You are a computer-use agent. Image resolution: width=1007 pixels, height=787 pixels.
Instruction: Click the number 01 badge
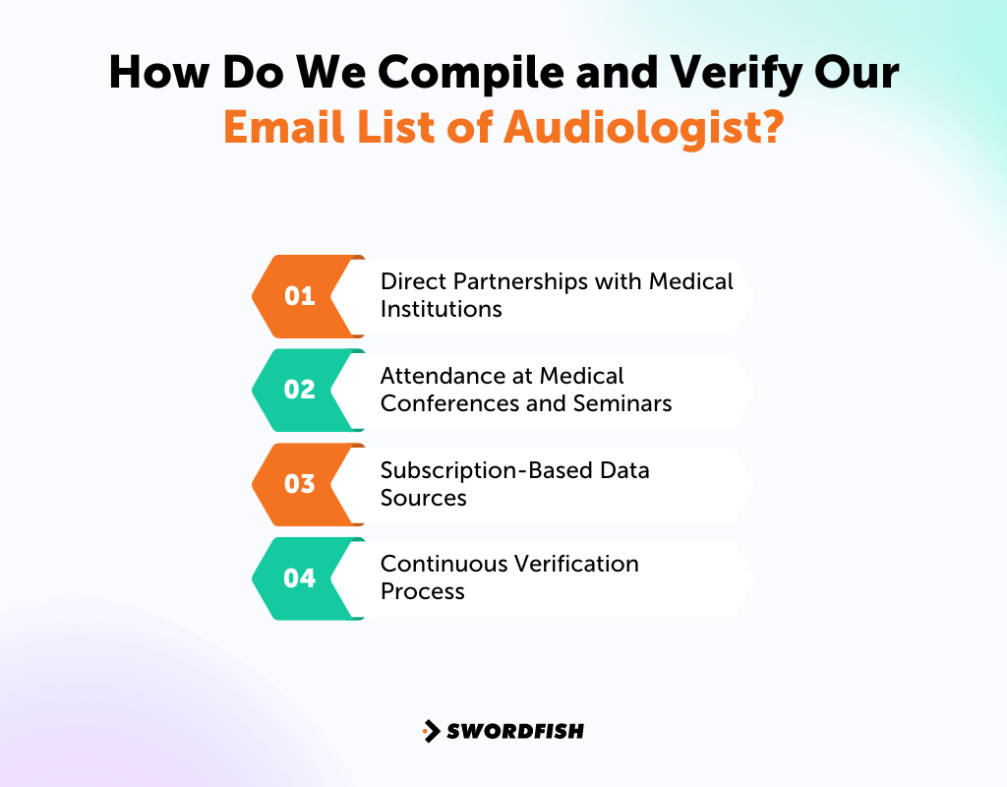[x=300, y=295]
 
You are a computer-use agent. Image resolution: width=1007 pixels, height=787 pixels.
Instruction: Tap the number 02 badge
[x=300, y=390]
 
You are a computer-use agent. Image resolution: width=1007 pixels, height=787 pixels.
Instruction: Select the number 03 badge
[x=300, y=484]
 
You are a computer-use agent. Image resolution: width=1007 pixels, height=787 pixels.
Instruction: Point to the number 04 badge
[x=300, y=578]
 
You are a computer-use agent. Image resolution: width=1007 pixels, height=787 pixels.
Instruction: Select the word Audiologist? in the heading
[x=643, y=128]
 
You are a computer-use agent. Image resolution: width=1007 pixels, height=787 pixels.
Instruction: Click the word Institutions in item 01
[x=441, y=309]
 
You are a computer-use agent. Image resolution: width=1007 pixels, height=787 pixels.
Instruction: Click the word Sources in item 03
[x=423, y=498]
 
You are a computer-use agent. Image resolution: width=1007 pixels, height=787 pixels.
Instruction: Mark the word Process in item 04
[x=422, y=592]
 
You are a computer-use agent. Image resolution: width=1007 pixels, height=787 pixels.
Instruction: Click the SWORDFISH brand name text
[x=515, y=731]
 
